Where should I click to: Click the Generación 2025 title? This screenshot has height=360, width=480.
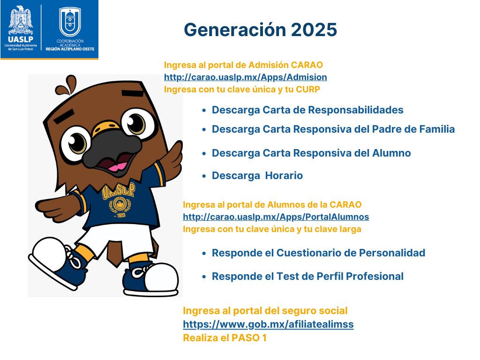[260, 30]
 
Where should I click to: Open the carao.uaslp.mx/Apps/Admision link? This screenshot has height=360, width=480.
[246, 77]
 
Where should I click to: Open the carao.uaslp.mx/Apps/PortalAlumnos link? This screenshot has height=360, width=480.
[276, 217]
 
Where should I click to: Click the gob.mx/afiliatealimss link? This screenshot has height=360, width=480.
[268, 324]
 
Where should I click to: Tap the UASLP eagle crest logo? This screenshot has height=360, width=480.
[21, 21]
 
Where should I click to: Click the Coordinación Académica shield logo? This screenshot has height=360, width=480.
[70, 22]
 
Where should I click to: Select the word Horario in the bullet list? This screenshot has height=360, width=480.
[284, 176]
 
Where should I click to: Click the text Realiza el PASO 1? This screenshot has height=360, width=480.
[225, 337]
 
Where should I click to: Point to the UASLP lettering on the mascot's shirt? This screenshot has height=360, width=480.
[119, 191]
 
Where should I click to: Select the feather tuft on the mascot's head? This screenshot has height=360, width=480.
[67, 85]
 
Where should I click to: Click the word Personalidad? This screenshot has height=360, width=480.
[392, 253]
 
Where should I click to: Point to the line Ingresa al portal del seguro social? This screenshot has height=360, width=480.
[265, 311]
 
